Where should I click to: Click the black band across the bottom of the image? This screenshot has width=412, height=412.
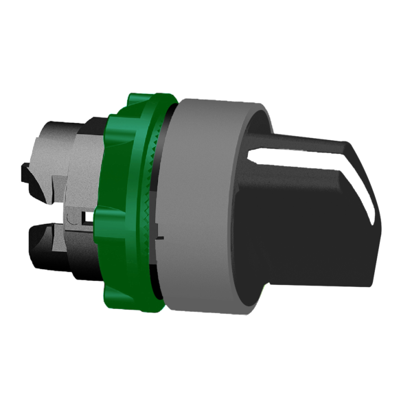tap(206, 381)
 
